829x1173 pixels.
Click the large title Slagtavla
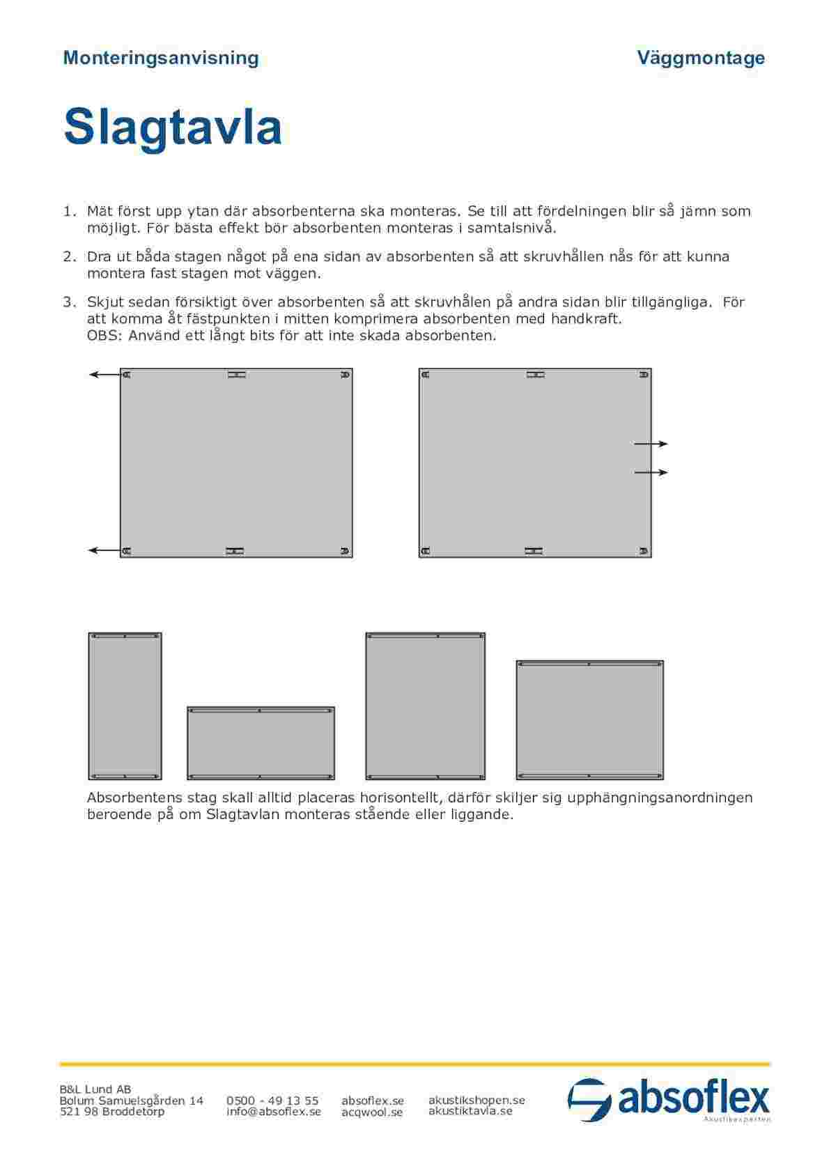[x=173, y=127]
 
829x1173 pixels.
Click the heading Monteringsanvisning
[x=161, y=58]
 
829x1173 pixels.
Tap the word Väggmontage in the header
[x=701, y=58]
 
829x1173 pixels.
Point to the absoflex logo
[x=669, y=1100]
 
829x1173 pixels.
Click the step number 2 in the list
[x=68, y=256]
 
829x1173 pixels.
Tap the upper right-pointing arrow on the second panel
[x=651, y=443]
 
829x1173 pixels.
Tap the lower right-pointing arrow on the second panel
[x=651, y=472]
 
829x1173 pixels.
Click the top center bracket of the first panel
[x=237, y=375]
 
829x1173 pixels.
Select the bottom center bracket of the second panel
[x=534, y=551]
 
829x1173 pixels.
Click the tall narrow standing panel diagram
[x=125, y=706]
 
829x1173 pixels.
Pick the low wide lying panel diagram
[x=261, y=743]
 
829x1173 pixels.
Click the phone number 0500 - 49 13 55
[x=272, y=1101]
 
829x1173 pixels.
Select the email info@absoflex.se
[x=274, y=1112]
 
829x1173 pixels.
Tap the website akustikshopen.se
[x=477, y=1100]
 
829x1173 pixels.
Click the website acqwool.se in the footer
[x=372, y=1112]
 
